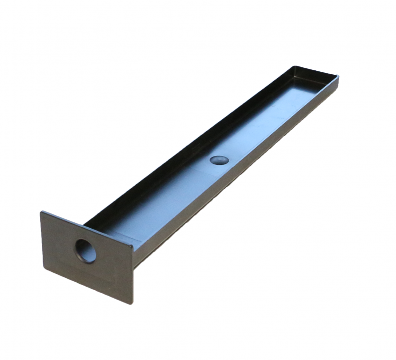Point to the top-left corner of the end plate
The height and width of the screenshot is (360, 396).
[42, 213]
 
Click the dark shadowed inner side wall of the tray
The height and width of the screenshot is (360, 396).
[188, 149]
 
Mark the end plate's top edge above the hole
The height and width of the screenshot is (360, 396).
[87, 229]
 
